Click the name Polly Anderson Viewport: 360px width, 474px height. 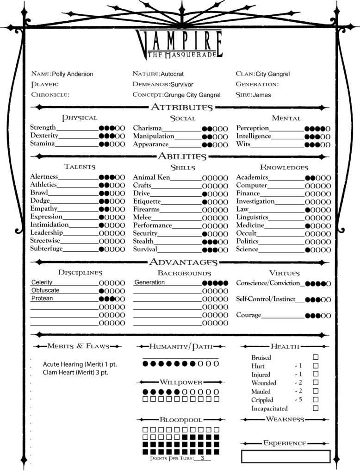(x=73, y=74)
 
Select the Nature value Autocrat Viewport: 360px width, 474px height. (x=174, y=74)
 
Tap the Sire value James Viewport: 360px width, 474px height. (x=262, y=95)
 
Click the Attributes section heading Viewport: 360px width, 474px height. (x=181, y=107)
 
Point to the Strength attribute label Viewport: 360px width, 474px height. (x=43, y=127)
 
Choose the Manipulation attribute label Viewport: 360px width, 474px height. (x=154, y=137)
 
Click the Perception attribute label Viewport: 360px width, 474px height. (x=253, y=128)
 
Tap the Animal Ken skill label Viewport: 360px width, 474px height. (x=151, y=177)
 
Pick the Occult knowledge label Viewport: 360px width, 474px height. (x=246, y=233)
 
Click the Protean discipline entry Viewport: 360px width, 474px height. (x=42, y=299)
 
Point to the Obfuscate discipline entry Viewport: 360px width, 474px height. (x=45, y=291)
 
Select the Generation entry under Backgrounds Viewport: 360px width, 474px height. (x=149, y=282)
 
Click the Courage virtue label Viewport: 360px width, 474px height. (x=249, y=315)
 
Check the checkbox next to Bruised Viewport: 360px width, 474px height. (x=316, y=357)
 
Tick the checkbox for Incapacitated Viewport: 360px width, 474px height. (x=316, y=408)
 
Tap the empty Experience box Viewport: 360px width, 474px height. (x=286, y=456)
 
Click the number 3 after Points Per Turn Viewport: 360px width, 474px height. (x=202, y=458)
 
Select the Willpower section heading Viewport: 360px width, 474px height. (x=181, y=382)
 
